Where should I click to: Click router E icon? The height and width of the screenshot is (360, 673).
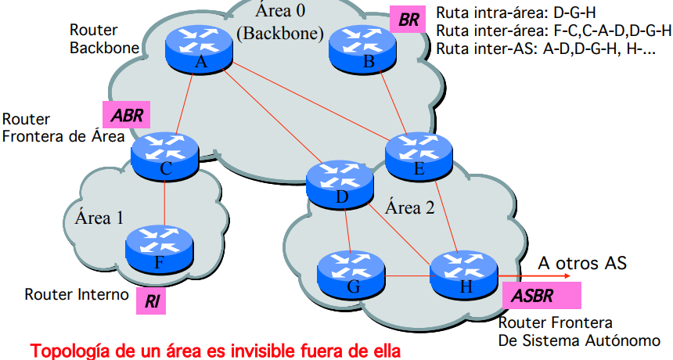point(417,154)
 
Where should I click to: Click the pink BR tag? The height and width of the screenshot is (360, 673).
point(408,20)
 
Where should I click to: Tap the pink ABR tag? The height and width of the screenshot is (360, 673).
point(125,115)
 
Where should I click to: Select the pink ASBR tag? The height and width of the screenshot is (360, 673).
point(541,297)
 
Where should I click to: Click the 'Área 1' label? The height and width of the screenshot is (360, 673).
point(99,217)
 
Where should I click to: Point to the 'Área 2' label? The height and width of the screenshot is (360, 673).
point(409,208)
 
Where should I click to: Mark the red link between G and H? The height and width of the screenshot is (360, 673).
point(408,275)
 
